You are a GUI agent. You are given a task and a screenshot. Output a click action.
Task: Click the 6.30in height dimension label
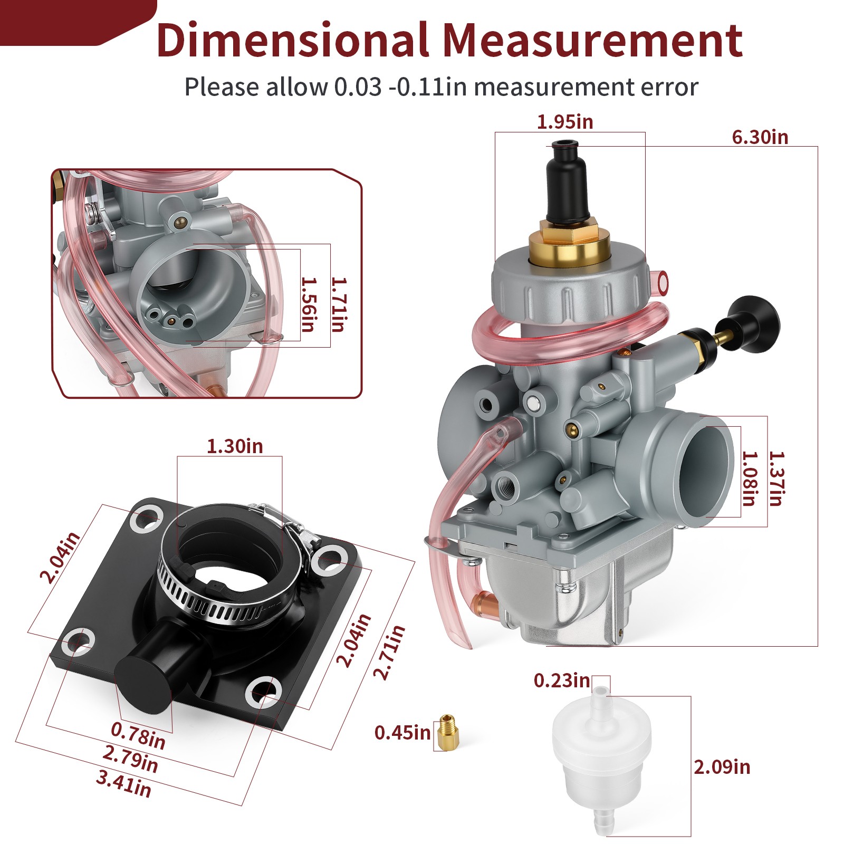[760, 137]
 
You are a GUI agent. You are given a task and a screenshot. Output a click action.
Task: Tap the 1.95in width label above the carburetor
[565, 122]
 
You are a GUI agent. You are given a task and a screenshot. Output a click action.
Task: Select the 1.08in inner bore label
[749, 478]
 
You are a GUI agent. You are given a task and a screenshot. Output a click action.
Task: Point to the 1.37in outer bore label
[776, 478]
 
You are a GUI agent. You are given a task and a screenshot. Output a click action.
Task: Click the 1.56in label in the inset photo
[309, 304]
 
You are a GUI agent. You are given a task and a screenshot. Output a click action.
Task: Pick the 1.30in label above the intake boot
[235, 446]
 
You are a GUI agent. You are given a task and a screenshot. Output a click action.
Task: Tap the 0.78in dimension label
[138, 735]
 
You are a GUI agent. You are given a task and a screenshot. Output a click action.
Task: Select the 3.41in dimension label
[124, 783]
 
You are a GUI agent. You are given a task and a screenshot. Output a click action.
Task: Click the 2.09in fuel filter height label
[722, 766]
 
